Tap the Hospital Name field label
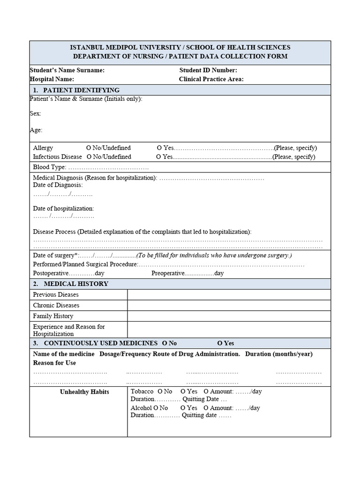coord(52,79)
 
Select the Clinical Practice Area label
coord(211,79)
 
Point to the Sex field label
coord(36,113)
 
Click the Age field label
coord(36,130)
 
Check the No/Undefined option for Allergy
coord(89,148)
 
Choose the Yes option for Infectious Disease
coord(159,157)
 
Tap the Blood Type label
coord(50,167)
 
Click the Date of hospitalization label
coord(63,209)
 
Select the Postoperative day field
coord(82,273)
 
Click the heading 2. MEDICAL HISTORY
coord(71,284)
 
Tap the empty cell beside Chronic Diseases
coord(229,305)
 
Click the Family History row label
coord(53,316)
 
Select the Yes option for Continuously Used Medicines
coord(220,343)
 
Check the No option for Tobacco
coord(160,391)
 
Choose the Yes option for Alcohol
coord(183,408)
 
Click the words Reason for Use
coord(54,363)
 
